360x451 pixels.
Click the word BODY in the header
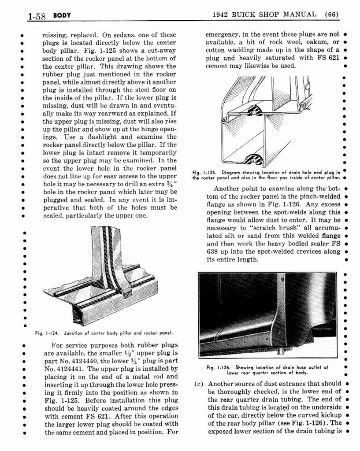click(x=62, y=16)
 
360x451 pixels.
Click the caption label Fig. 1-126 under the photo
click(x=219, y=367)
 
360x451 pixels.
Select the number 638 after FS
click(x=213, y=251)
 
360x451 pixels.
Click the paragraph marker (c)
click(x=198, y=383)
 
